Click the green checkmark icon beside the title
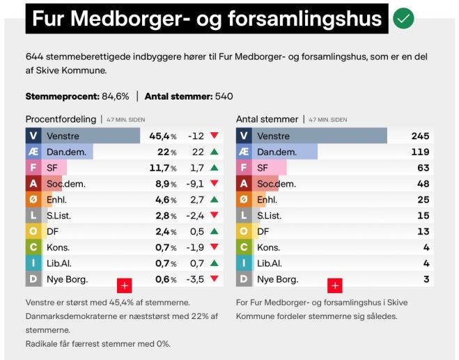click(x=403, y=19)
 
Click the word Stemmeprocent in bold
click(x=59, y=96)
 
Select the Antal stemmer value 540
click(x=224, y=96)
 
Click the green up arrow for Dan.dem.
click(x=214, y=152)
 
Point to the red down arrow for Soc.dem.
click(x=214, y=184)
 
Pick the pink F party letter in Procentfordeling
click(x=33, y=168)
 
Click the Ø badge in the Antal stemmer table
click(x=243, y=200)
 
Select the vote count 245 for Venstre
click(x=420, y=136)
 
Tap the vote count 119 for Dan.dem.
click(x=420, y=152)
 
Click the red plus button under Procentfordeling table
click(x=125, y=285)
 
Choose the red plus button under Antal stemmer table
click(x=335, y=285)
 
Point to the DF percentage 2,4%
click(x=166, y=231)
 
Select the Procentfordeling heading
click(x=61, y=119)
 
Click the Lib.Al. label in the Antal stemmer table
click(x=271, y=263)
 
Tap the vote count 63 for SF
click(x=423, y=168)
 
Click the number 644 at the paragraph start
click(x=35, y=56)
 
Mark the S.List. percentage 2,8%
click(x=166, y=216)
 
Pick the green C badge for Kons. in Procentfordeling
click(x=33, y=247)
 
